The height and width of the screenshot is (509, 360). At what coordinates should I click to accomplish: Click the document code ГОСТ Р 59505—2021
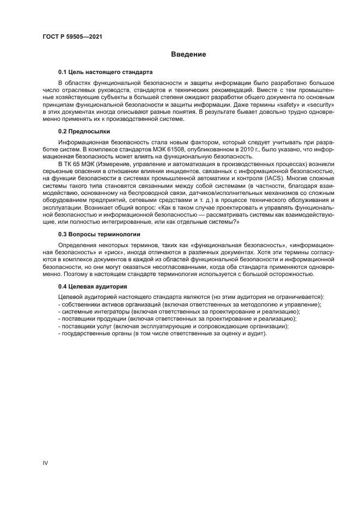72,37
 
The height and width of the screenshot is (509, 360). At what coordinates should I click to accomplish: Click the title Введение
188,54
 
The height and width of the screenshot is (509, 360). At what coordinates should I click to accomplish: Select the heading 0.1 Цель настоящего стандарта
105,72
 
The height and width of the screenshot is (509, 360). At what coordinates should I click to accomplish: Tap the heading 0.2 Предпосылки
84,131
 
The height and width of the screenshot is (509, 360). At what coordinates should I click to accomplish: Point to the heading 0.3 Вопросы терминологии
99,234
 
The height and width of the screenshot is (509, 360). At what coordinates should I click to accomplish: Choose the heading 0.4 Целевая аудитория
93,286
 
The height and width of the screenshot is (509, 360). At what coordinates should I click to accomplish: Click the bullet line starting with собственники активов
190,304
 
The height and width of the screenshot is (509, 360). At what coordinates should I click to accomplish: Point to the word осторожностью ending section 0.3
292,274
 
